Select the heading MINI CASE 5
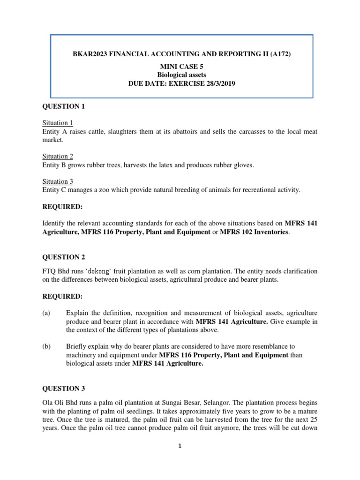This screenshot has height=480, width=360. click(180, 67)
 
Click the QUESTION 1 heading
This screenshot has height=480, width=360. click(63, 106)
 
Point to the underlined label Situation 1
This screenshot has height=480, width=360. click(57, 123)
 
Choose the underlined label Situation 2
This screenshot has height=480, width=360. click(57, 157)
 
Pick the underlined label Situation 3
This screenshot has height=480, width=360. click(57, 181)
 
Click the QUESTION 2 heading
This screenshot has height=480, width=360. click(63, 257)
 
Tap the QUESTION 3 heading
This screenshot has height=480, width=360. click(63, 388)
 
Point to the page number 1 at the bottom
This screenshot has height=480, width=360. click(180, 447)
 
